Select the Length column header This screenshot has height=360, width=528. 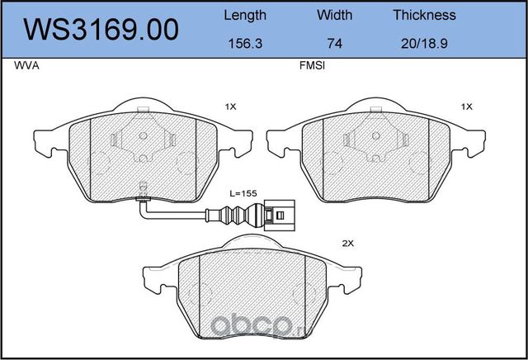pos(245,15)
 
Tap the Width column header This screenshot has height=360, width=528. pos(334,15)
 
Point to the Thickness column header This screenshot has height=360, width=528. pos(424,15)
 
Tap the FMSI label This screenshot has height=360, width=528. pos(311,70)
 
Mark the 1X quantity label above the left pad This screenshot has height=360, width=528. pos(230,107)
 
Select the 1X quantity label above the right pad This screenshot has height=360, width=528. pos(466,107)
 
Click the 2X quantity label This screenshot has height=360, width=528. pos(347,244)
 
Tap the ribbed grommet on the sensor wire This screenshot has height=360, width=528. pos(220,218)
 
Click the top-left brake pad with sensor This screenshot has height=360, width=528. pos(142,157)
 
